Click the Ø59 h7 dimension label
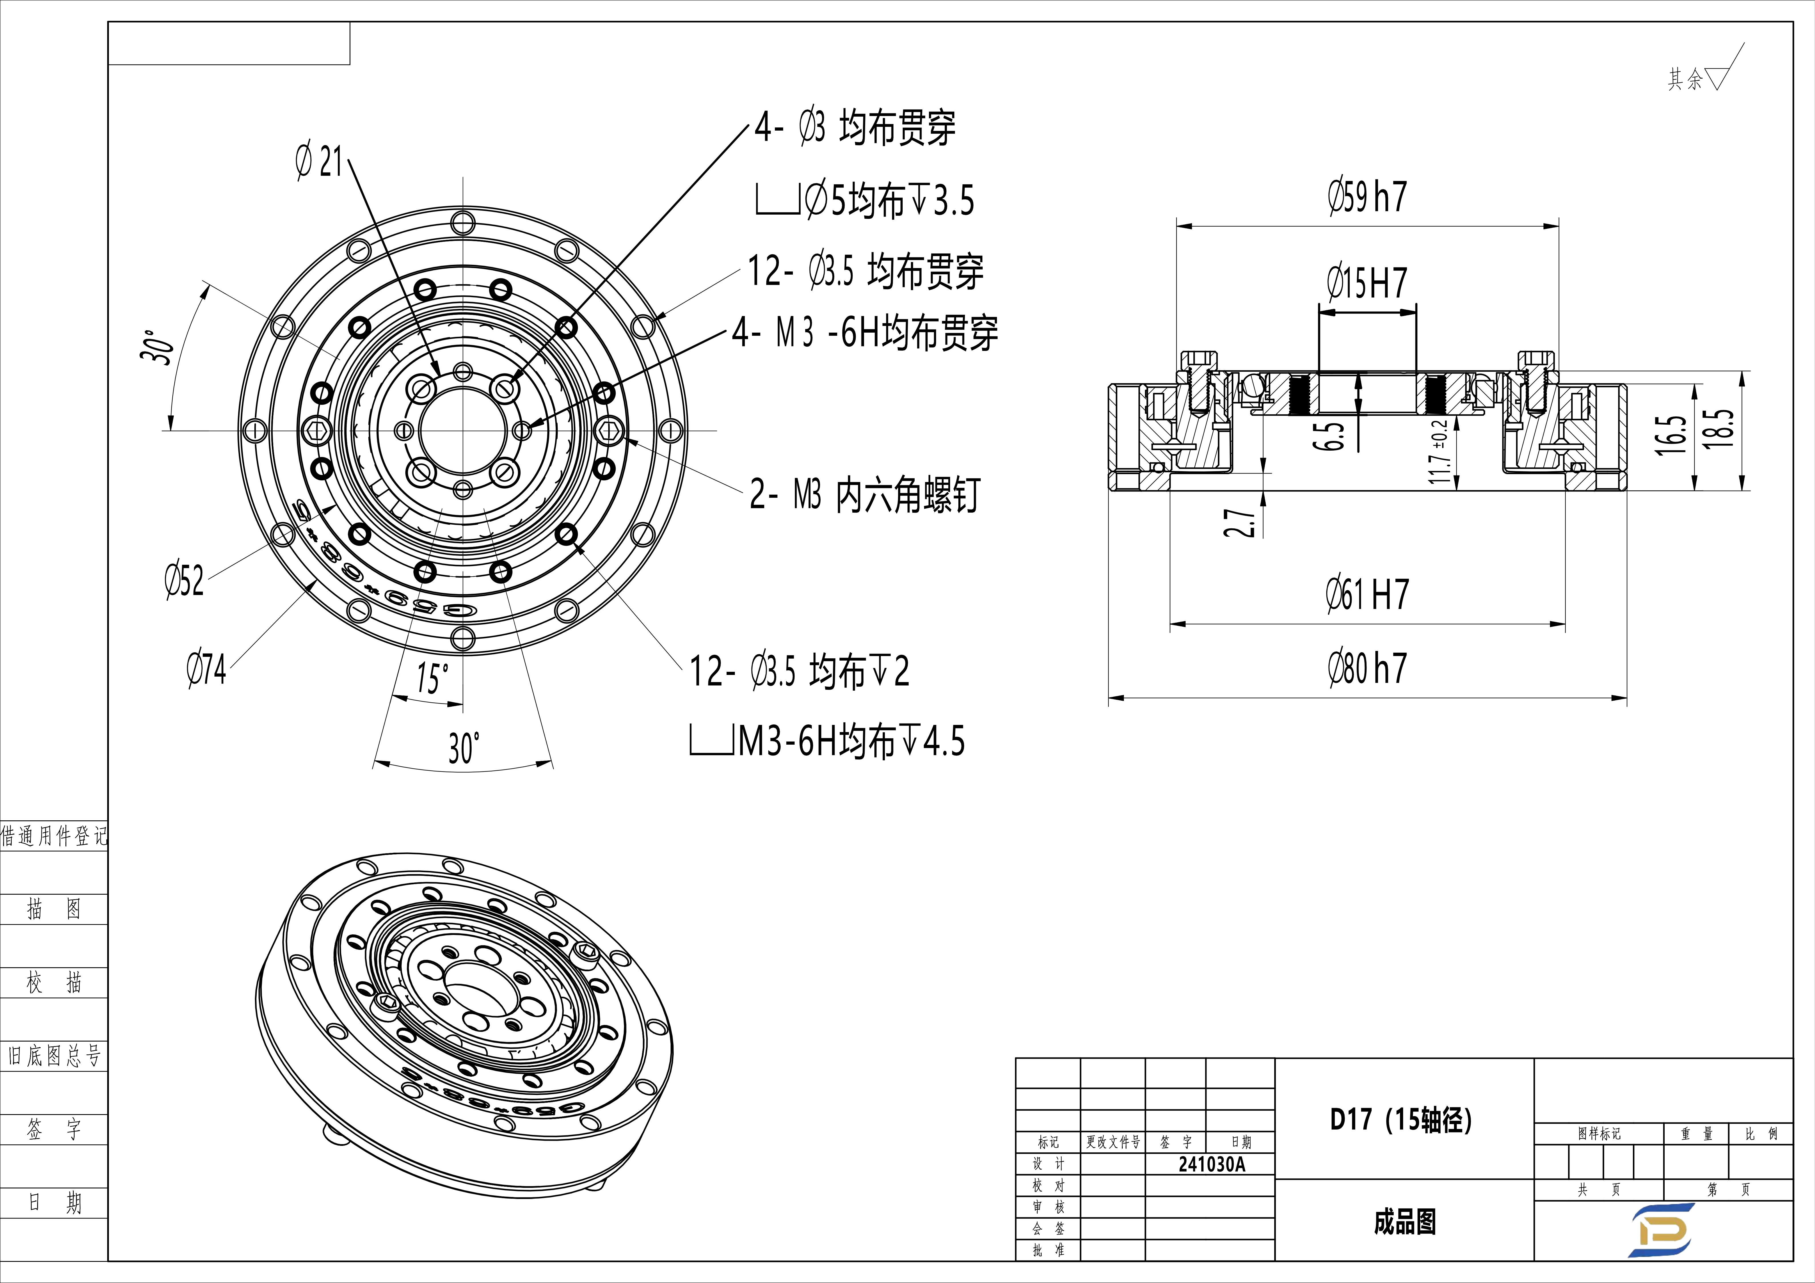tap(1368, 197)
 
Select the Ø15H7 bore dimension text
tap(1368, 283)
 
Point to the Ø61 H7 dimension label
tap(1368, 594)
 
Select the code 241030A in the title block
tap(1211, 1164)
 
